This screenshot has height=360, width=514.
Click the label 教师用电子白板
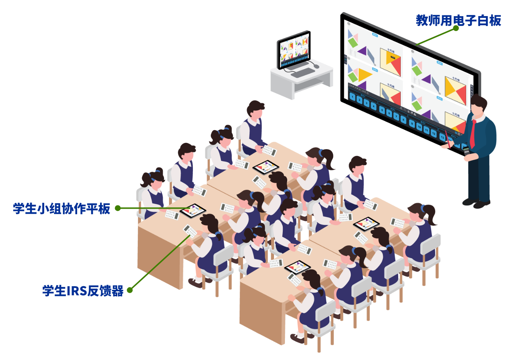(458, 20)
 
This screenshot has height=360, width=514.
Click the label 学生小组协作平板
(61, 208)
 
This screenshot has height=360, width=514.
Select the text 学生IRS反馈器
(83, 291)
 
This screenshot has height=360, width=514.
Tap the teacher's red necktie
(473, 134)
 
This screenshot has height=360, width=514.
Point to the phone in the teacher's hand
(466, 150)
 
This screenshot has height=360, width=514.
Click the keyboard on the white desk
(302, 72)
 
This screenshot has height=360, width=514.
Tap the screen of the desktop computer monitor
(294, 50)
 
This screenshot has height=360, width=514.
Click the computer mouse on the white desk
(316, 66)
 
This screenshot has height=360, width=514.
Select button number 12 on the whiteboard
(434, 133)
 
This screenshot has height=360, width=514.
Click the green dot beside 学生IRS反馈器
(130, 290)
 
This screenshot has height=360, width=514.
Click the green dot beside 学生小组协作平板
(118, 208)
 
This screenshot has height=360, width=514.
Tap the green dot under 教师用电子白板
(456, 28)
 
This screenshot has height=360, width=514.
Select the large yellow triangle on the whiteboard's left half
(364, 75)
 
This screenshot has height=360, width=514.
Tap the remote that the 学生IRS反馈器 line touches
(190, 231)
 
